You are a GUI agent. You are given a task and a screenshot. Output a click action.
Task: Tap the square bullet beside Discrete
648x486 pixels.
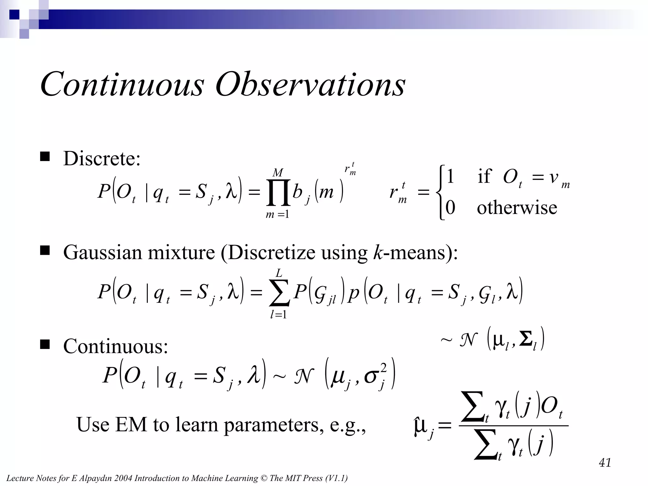[x=45, y=157]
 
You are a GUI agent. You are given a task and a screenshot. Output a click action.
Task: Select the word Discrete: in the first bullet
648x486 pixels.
[x=102, y=159]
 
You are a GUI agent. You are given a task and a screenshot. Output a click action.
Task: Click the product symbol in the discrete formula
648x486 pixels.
[x=278, y=192]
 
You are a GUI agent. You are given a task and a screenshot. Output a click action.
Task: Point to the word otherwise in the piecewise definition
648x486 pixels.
[x=517, y=208]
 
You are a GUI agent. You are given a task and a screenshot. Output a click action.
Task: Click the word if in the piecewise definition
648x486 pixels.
[x=484, y=176]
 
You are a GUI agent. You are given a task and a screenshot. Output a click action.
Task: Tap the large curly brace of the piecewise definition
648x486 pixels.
[x=440, y=192]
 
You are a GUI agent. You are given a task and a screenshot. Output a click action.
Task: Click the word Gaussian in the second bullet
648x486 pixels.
[x=103, y=252]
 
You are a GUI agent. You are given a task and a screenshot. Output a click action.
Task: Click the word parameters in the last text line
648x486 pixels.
[x=274, y=425]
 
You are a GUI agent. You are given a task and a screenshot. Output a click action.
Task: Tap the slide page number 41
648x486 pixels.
[x=605, y=463]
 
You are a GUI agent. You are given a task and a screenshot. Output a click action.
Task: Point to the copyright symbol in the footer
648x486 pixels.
[x=264, y=478]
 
